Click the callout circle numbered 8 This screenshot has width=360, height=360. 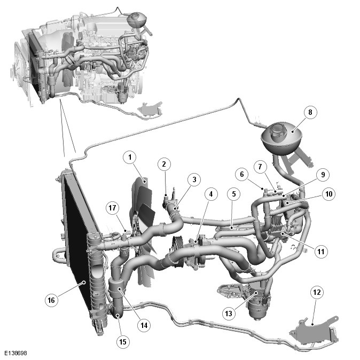310,112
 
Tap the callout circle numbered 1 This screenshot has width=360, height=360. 130,157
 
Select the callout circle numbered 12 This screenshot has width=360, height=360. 317,292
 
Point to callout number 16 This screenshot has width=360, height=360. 51,300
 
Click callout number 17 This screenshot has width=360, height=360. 112,208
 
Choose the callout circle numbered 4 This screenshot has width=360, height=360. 211,194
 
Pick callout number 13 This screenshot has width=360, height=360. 229,314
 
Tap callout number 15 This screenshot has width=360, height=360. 123,342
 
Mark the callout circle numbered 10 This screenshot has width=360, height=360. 329,194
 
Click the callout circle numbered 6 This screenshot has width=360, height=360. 242,174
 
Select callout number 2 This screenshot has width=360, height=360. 164,164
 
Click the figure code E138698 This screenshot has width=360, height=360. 15,353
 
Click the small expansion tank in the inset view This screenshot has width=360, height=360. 136,20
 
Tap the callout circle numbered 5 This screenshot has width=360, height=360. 234,194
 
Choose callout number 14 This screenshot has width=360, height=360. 144,325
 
